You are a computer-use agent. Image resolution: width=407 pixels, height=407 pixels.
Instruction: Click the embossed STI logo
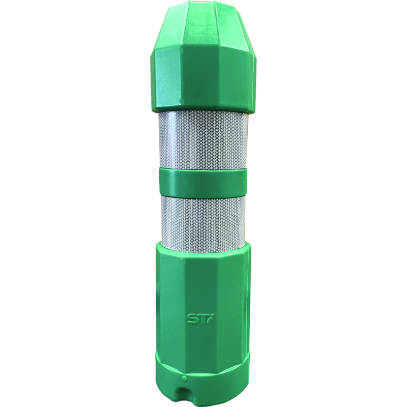click(x=198, y=318)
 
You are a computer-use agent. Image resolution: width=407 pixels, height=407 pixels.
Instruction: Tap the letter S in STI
click(x=192, y=318)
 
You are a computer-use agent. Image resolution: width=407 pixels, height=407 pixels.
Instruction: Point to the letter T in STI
click(x=201, y=318)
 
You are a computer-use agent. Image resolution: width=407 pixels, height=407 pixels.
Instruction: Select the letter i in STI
click(x=208, y=318)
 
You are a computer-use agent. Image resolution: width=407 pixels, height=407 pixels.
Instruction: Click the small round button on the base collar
click(x=185, y=377)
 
